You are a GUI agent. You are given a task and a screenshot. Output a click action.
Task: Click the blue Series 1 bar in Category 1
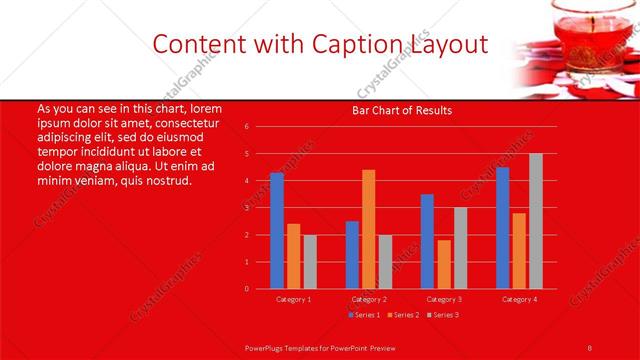[277, 231]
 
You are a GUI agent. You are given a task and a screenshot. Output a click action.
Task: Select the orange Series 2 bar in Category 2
[368, 229]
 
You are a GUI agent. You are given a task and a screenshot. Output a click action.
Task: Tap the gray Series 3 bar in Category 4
[536, 221]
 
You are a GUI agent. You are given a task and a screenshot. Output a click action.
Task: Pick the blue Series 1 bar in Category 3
[427, 241]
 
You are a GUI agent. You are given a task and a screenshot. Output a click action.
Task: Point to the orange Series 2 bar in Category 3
[443, 264]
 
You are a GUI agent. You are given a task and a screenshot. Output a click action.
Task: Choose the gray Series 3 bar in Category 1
[310, 262]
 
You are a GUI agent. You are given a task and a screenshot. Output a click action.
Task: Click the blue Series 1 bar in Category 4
[502, 228]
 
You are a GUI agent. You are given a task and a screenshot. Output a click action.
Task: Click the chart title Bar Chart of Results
[402, 110]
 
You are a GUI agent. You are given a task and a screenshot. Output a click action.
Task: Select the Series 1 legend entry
[363, 314]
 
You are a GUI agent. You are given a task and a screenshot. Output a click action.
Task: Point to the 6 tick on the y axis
[246, 127]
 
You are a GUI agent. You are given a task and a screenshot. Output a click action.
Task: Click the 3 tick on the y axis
[246, 208]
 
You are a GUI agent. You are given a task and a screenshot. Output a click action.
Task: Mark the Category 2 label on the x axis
[369, 298]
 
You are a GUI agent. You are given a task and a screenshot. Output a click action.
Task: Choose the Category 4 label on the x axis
[519, 298]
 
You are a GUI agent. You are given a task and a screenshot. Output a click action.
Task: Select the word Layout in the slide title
[448, 44]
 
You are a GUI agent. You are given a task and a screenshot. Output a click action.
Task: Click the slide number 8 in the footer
[590, 345]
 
